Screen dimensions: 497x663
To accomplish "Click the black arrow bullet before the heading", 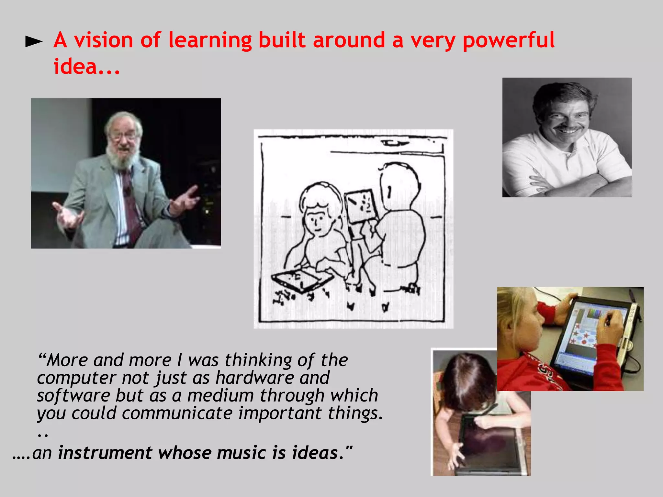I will tap(34, 41).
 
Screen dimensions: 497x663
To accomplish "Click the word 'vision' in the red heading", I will tap(103, 40).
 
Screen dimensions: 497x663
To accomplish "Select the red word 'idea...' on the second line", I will tap(86, 66).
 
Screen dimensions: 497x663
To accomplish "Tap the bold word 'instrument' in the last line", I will tap(105, 452).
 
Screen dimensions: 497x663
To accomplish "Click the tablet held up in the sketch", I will tap(361, 206).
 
